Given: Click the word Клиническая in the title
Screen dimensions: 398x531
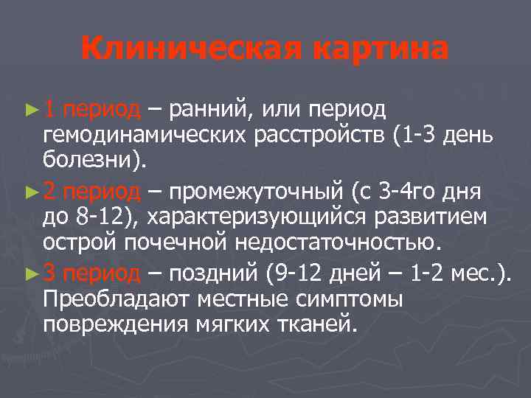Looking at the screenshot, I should pyautogui.click(x=190, y=49).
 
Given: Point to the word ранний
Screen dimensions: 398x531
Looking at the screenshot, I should pyautogui.click(x=209, y=111).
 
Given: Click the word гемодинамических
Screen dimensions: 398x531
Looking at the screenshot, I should pyautogui.click(x=148, y=138).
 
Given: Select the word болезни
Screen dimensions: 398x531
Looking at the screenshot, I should pyautogui.click(x=91, y=164).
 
